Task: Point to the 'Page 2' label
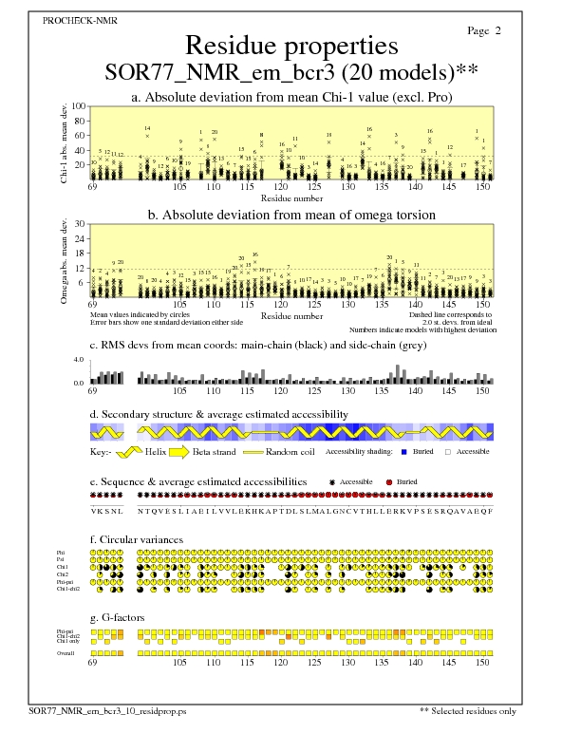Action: (484, 31)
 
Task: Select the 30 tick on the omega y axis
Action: (80, 224)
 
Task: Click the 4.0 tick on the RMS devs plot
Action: (80, 360)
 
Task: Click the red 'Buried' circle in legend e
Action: (389, 482)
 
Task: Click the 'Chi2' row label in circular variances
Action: (63, 574)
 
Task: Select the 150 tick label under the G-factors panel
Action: (482, 664)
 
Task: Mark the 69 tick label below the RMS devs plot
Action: (92, 390)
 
